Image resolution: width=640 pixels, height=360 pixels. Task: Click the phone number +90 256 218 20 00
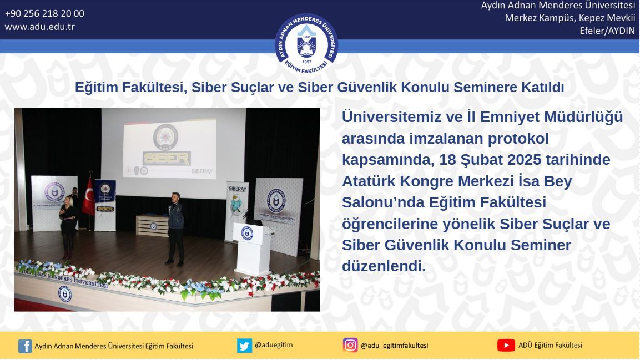point(44,13)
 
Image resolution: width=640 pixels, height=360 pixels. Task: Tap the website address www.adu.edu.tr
point(39,27)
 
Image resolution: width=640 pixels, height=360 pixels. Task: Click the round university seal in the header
point(306,44)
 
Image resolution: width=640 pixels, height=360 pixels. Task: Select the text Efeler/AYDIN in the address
point(607,31)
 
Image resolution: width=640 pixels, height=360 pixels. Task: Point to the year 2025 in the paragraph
point(523,159)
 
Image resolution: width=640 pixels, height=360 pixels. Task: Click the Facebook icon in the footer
point(25,346)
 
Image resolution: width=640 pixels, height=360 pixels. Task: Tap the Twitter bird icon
point(244,346)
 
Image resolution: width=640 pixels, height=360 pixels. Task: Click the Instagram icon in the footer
point(350,345)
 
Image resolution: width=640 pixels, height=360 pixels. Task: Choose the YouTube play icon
point(506,346)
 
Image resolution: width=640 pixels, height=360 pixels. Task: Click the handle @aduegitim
point(274,345)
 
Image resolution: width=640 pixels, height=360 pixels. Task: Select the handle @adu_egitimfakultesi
point(394,346)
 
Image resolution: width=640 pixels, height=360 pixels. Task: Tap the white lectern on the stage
point(253,249)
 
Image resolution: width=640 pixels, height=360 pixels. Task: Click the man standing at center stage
point(175,229)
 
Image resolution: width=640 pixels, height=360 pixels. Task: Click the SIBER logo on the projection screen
point(167,158)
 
